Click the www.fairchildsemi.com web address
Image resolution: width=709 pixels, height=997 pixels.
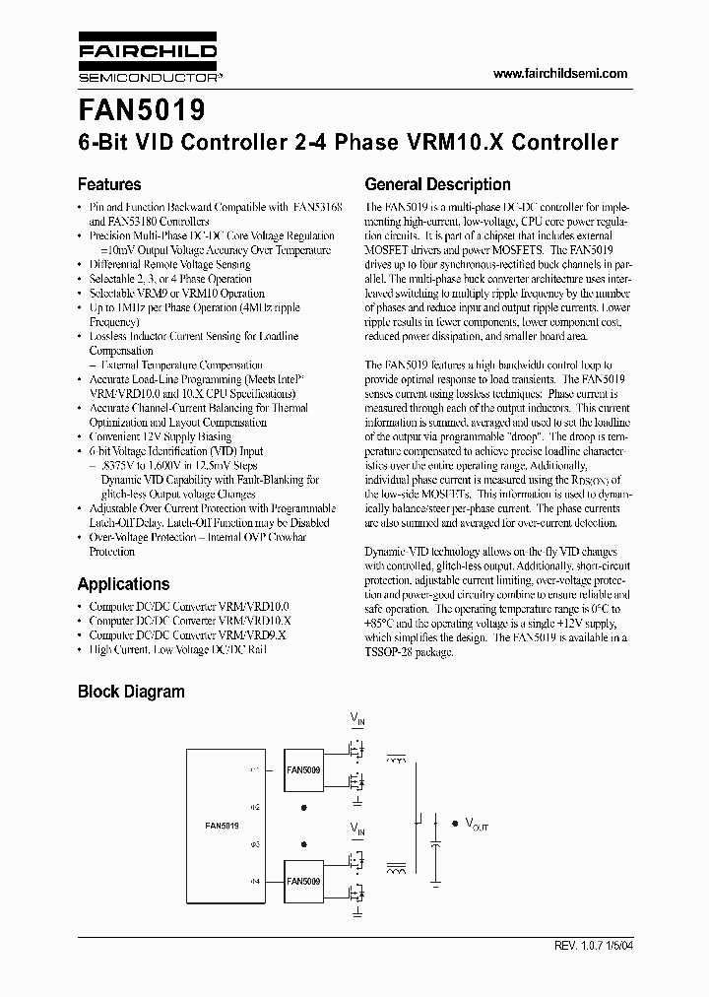click(558, 74)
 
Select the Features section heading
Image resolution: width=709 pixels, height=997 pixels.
click(109, 184)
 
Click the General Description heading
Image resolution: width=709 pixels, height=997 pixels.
click(437, 184)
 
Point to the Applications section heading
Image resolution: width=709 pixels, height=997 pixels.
click(123, 583)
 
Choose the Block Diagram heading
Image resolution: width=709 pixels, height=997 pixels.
click(131, 692)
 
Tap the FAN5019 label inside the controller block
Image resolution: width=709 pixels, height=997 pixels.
click(222, 826)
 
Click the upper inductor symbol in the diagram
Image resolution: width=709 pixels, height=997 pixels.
click(399, 760)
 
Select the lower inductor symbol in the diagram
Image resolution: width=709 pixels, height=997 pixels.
click(399, 871)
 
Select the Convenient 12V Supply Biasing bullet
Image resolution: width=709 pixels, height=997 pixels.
click(161, 436)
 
